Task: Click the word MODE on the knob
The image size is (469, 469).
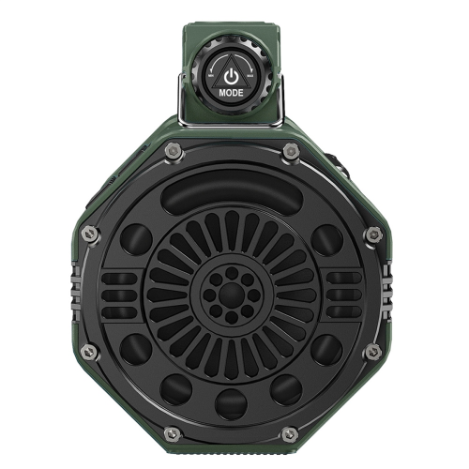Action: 231,93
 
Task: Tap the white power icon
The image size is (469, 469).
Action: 231,77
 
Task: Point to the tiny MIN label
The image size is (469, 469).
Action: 211,76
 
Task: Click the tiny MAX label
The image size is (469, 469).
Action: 250,76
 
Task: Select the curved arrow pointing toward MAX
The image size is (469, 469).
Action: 245,61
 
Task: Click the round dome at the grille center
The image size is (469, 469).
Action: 232,295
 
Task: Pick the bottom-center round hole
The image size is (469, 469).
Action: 231,404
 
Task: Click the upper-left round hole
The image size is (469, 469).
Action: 136,239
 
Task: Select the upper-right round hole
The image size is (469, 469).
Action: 327,240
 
